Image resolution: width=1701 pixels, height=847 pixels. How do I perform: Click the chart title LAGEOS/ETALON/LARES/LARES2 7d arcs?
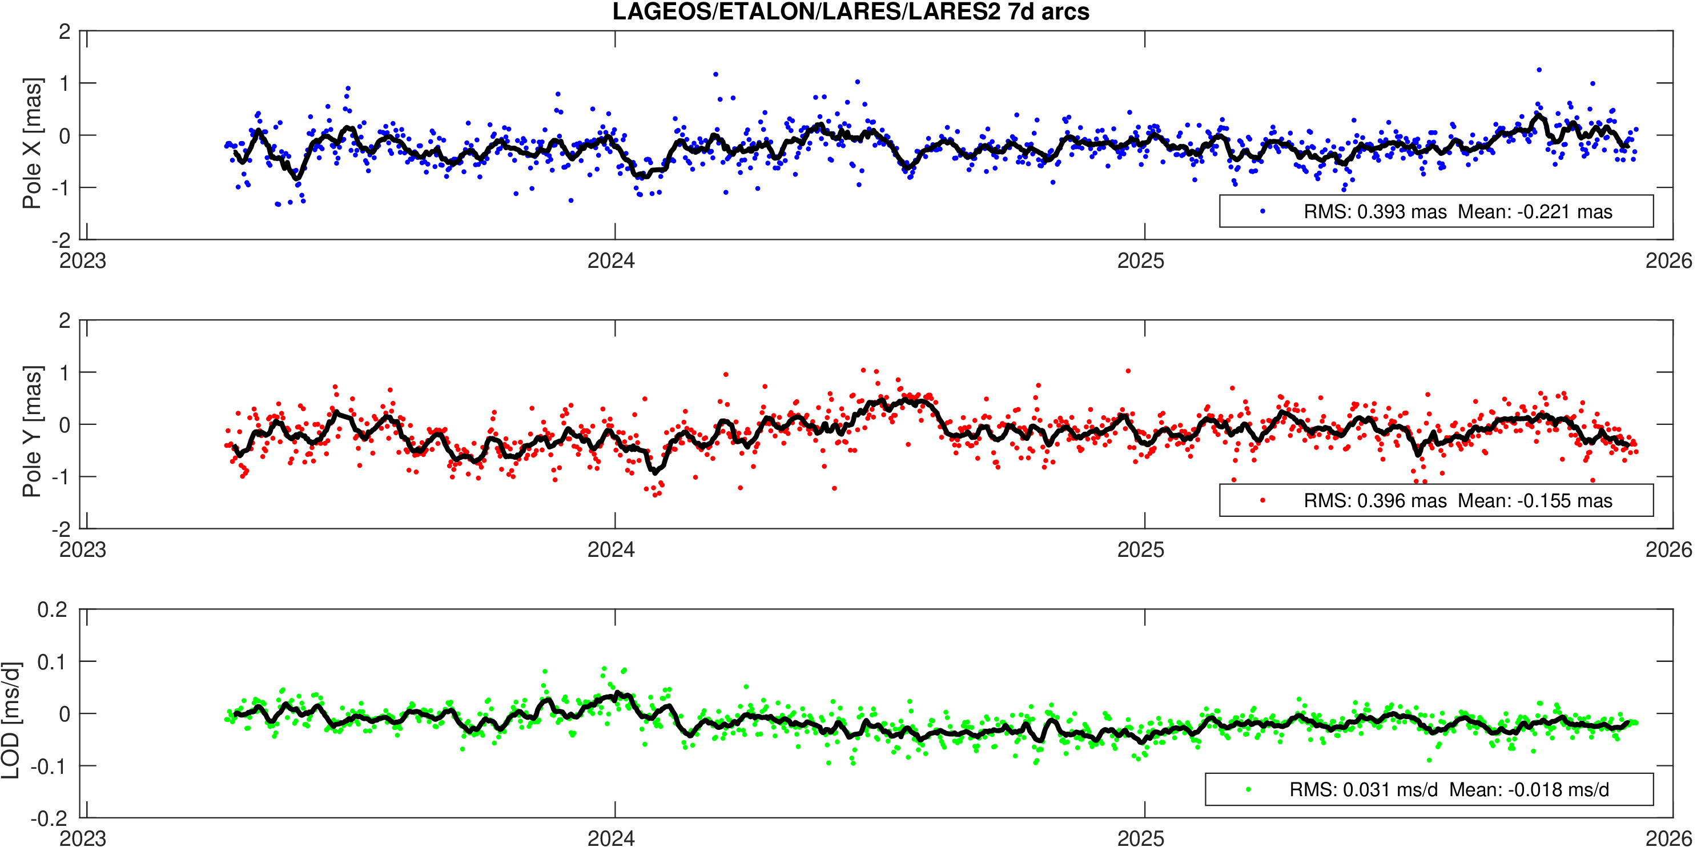851,12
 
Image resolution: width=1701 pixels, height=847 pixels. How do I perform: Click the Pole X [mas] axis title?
32,143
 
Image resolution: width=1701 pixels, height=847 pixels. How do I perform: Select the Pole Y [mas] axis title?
32,431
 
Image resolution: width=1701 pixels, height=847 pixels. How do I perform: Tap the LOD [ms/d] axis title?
11,720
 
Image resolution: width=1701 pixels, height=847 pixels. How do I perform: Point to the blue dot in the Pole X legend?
1262,211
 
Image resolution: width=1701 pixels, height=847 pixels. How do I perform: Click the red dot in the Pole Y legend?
1262,500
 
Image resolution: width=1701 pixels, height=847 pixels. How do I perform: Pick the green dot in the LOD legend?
1248,789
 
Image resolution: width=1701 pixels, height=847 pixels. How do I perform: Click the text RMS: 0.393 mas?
1375,212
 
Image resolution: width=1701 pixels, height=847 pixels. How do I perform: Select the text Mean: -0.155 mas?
1535,501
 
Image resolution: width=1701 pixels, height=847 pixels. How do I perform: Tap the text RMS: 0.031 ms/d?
1363,789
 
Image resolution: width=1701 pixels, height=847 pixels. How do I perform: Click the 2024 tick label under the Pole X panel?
611,261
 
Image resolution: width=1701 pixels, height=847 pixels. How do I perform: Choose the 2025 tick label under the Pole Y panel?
1140,549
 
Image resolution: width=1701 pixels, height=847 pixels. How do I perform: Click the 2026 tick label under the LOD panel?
1668,838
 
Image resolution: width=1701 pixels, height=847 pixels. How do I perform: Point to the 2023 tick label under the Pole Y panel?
83,549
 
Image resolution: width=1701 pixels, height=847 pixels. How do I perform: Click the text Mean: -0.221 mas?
1535,212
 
